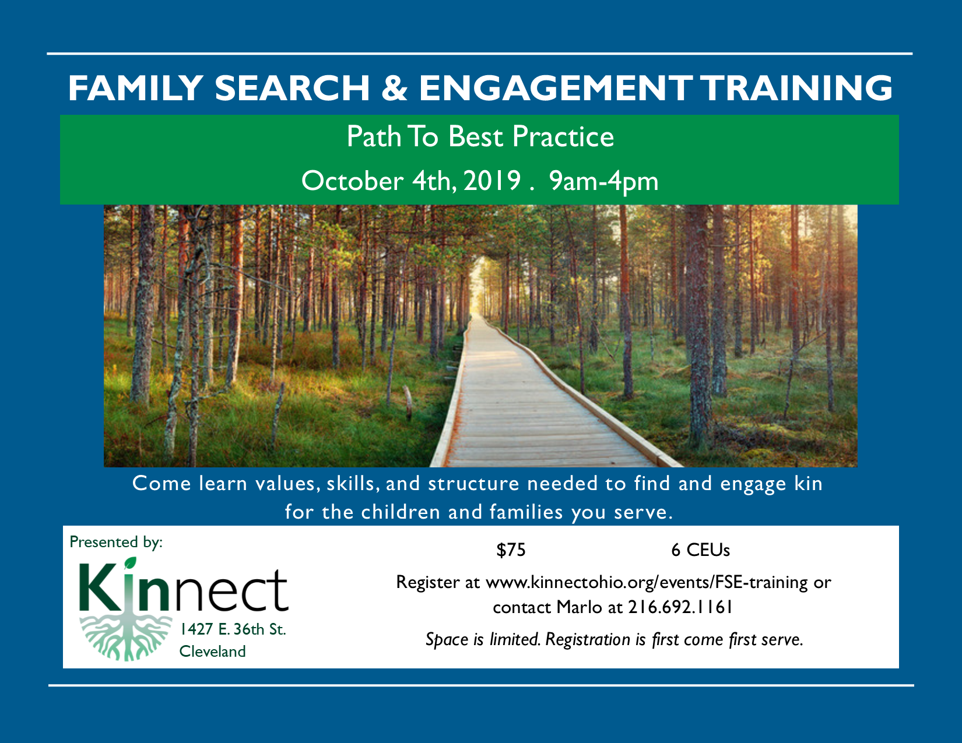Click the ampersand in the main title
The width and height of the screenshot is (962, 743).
click(x=394, y=87)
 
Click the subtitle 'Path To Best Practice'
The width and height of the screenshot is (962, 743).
click(x=480, y=136)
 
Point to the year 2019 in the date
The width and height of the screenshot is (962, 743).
click(x=492, y=181)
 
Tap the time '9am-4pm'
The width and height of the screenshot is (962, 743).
click(x=604, y=181)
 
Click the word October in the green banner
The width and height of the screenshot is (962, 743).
click(x=352, y=181)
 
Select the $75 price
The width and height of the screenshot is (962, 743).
click(x=511, y=550)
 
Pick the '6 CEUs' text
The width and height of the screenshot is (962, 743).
click(x=700, y=550)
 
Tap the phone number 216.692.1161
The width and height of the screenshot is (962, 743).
click(x=680, y=607)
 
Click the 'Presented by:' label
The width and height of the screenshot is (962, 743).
click(x=116, y=543)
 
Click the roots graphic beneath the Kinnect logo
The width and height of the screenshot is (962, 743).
click(x=126, y=638)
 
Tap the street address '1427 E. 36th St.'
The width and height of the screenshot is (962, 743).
click(x=233, y=629)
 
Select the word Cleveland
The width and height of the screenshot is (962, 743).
click(x=212, y=652)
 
